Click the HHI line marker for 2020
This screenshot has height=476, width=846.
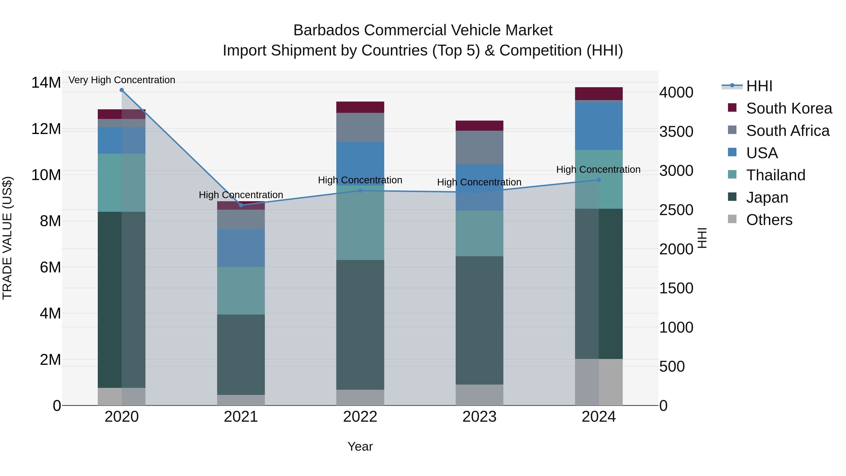click(121, 90)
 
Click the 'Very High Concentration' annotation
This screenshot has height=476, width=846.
click(122, 80)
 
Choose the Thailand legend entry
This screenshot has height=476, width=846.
click(775, 175)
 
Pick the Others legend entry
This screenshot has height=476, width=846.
click(769, 220)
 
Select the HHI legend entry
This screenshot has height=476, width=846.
click(759, 86)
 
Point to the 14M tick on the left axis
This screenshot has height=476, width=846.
click(46, 83)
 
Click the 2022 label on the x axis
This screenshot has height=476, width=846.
click(360, 417)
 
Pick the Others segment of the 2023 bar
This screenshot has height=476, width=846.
click(479, 395)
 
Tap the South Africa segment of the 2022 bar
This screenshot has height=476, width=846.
click(360, 127)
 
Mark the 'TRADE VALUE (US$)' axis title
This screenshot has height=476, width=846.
click(7, 238)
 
